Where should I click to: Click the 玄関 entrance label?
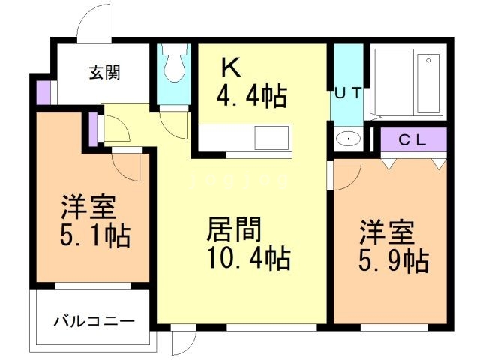pos(106,73)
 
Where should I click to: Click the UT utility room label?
pos(347,93)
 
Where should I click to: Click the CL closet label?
pos(412,139)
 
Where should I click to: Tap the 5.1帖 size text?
pos(95,235)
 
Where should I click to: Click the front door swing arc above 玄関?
pos(94,22)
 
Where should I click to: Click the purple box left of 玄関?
pos(42,91)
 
